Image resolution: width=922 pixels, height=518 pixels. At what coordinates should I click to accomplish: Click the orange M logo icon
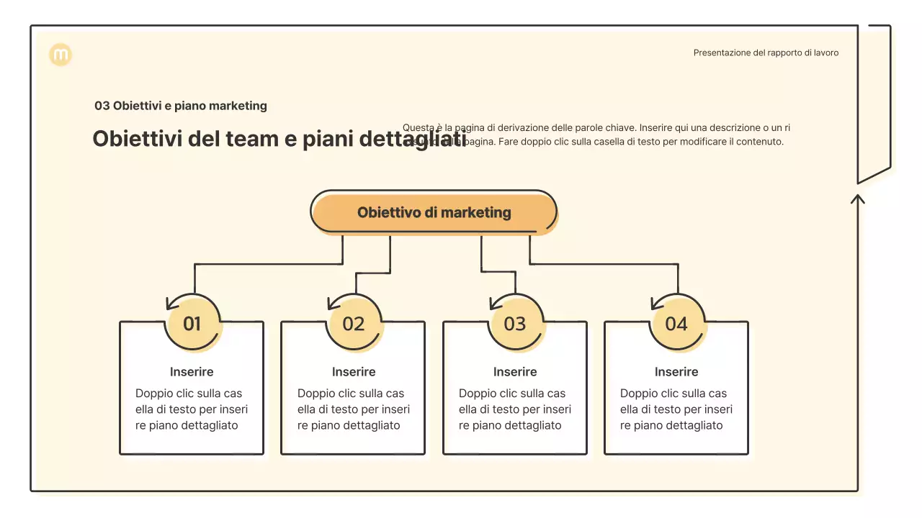pyautogui.click(x=61, y=55)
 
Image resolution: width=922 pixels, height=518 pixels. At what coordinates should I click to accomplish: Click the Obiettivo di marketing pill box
pyautogui.click(x=434, y=212)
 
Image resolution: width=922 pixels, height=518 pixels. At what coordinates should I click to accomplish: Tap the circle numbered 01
pyautogui.click(x=192, y=324)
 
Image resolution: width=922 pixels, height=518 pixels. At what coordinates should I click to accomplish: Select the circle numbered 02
pyautogui.click(x=354, y=324)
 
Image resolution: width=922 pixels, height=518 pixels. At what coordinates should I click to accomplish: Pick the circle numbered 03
pyautogui.click(x=515, y=324)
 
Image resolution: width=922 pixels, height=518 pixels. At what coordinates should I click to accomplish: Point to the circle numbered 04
pyautogui.click(x=676, y=324)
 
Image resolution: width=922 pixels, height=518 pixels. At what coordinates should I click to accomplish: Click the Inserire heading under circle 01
pyautogui.click(x=192, y=372)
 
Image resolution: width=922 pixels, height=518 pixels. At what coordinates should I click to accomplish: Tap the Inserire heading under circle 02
pyautogui.click(x=354, y=372)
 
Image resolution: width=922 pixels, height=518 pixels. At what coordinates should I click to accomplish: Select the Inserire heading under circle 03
pyautogui.click(x=515, y=372)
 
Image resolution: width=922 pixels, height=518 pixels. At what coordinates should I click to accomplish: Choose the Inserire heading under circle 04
pyautogui.click(x=676, y=372)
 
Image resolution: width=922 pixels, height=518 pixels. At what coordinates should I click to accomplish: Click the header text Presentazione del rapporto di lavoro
pyautogui.click(x=766, y=53)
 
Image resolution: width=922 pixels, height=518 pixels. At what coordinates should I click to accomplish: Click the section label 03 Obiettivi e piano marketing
pyautogui.click(x=181, y=106)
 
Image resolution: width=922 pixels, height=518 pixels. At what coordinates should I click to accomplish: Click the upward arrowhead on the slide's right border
pyautogui.click(x=857, y=197)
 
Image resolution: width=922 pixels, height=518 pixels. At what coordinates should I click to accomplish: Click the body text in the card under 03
pyautogui.click(x=515, y=409)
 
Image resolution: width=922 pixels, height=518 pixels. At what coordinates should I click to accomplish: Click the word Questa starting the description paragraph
pyautogui.click(x=418, y=127)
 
